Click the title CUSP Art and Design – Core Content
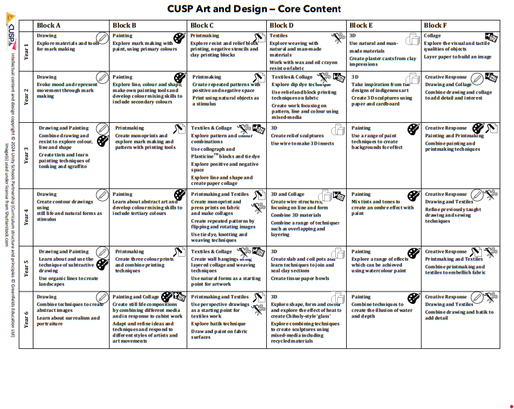click(x=254, y=9)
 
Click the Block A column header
click(x=48, y=26)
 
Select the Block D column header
click(x=281, y=26)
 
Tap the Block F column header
click(x=435, y=26)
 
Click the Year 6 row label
click(x=27, y=320)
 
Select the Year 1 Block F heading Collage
click(x=433, y=36)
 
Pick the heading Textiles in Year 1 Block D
click(x=279, y=36)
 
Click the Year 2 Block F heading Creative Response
click(x=446, y=77)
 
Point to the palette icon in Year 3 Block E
click(x=413, y=129)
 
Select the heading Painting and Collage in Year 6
click(x=136, y=297)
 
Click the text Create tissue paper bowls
click(x=299, y=279)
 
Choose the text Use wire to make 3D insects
click(x=303, y=143)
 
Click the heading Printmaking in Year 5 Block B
click(x=130, y=252)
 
